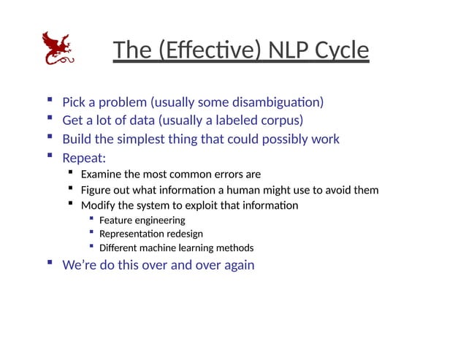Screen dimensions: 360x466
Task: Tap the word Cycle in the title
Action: [x=341, y=50]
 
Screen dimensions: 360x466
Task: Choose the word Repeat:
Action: [x=83, y=157]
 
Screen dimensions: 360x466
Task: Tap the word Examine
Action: [x=102, y=174]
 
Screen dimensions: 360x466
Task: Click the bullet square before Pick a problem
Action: [x=49, y=100]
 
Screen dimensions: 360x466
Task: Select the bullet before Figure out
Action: [x=70, y=188]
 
